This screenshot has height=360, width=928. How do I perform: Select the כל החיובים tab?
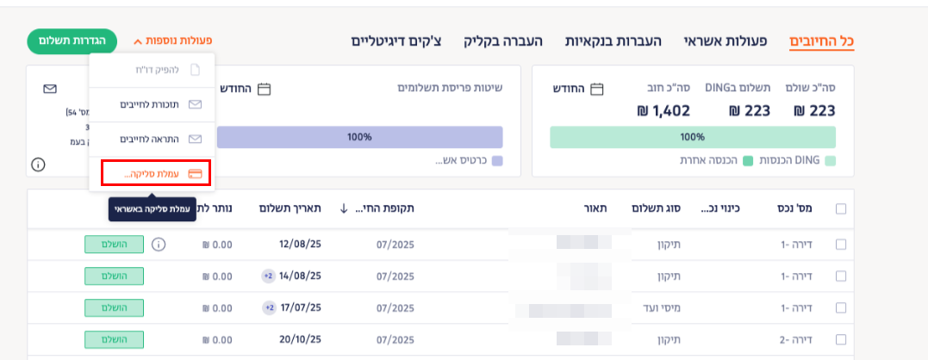[827, 41]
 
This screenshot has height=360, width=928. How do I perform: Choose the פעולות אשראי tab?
[719, 41]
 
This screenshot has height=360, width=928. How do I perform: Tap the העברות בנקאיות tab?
[613, 41]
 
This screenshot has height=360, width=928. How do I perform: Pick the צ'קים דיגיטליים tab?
[397, 41]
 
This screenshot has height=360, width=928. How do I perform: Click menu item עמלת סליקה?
[155, 173]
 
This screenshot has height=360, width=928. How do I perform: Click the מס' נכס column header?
[803, 208]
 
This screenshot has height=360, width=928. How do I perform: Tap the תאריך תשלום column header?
[290, 208]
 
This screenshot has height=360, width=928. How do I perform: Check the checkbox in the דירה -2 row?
[841, 340]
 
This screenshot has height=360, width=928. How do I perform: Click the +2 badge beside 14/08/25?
[268, 276]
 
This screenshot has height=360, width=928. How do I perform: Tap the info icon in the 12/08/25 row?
[158, 245]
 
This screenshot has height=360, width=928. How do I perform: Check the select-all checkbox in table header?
[841, 208]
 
